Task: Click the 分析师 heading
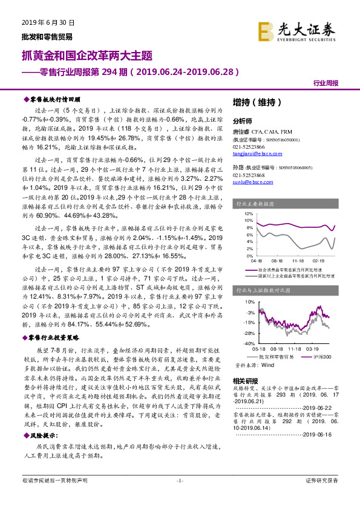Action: coord(242,120)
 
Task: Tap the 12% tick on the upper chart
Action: coord(250,213)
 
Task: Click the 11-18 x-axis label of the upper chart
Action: coord(297,262)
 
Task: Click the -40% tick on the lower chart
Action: coord(249,343)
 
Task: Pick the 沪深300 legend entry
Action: coord(312,357)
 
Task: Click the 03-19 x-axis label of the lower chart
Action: coord(312,349)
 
